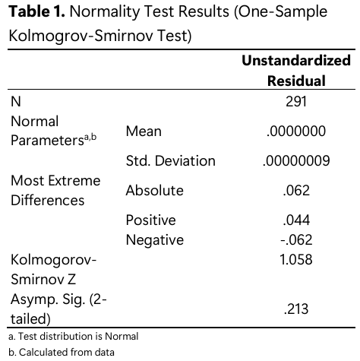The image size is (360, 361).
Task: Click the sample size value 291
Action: click(296, 102)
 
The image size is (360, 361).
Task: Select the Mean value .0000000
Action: click(296, 131)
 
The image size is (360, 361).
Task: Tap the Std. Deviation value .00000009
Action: click(296, 161)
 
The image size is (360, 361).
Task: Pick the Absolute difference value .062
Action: click(296, 191)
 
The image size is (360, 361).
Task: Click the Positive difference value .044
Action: click(296, 220)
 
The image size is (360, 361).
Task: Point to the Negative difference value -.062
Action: click(296, 239)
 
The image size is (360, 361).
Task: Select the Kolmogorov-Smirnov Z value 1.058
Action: click(296, 260)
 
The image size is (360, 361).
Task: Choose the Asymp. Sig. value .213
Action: click(296, 309)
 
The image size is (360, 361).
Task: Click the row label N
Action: click(16, 102)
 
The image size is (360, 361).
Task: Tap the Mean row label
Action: click(144, 131)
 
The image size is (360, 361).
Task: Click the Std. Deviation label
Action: click(171, 161)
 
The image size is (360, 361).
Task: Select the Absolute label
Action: click(155, 191)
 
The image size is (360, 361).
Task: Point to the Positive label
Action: click(151, 220)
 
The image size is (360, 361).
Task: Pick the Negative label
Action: click(155, 240)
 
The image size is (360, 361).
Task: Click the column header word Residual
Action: click(296, 81)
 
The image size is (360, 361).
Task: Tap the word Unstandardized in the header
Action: click(296, 61)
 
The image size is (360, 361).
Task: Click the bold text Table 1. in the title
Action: click(36, 11)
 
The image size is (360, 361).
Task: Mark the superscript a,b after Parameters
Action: click(90, 137)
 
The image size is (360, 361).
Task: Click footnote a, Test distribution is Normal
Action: click(74, 337)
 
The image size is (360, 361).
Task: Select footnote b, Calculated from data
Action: click(62, 352)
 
